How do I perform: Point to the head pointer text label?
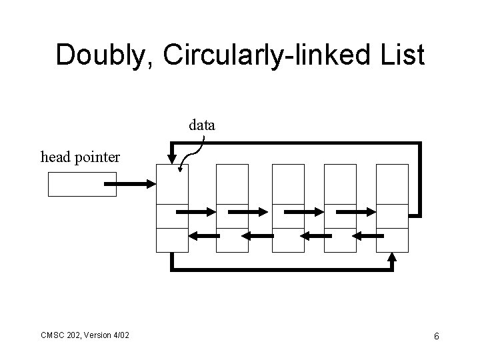(81, 157)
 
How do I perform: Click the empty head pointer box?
(82, 184)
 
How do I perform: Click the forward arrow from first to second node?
(196, 211)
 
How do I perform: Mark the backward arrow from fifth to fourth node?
(365, 235)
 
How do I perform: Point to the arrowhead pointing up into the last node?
(393, 257)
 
